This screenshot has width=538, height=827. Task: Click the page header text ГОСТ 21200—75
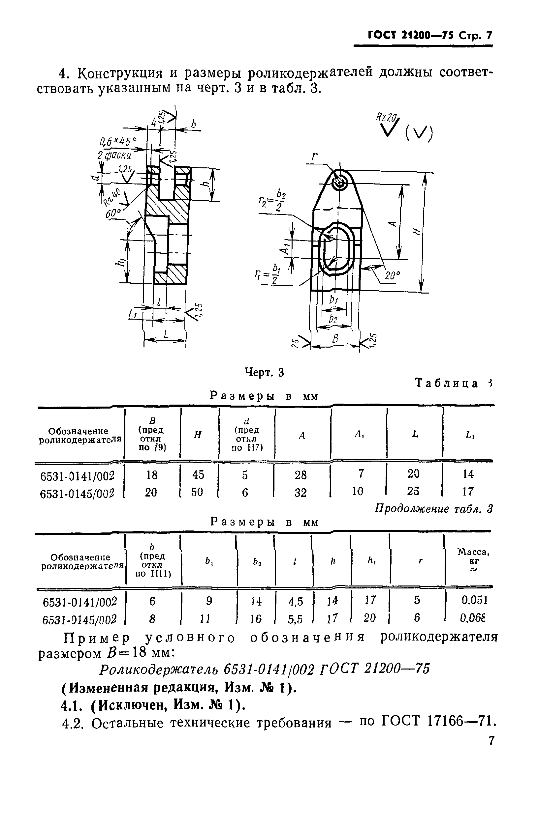410,36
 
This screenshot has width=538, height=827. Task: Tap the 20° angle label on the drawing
392,275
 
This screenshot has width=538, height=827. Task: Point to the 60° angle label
113,213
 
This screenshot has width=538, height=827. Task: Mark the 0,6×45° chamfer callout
118,141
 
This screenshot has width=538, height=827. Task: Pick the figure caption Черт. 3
264,373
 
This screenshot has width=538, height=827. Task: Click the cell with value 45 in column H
198,474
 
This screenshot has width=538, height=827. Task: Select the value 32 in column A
301,492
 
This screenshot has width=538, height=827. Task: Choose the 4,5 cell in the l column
296,601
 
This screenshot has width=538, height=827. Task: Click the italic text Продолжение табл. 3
433,509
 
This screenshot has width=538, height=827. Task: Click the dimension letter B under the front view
335,339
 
